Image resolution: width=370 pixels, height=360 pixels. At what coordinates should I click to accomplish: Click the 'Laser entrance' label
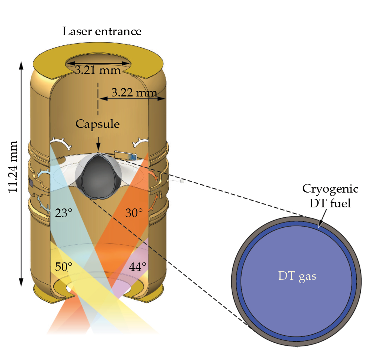pyautogui.click(x=102, y=31)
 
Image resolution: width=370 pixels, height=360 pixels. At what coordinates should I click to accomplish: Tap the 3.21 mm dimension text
pyautogui.click(x=98, y=70)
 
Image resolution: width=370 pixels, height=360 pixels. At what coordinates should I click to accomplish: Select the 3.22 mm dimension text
pyautogui.click(x=134, y=92)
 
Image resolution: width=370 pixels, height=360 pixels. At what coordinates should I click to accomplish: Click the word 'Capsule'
pyautogui.click(x=98, y=124)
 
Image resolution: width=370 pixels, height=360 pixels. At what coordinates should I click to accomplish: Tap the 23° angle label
pyautogui.click(x=64, y=213)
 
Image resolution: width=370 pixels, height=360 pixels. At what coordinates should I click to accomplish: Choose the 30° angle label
pyautogui.click(x=134, y=213)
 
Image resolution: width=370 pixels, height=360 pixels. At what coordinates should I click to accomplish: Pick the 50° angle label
pyautogui.click(x=64, y=267)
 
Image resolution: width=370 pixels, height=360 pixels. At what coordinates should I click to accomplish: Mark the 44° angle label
pyautogui.click(x=138, y=267)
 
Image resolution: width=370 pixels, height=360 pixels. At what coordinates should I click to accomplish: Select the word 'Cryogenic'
pyautogui.click(x=330, y=189)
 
